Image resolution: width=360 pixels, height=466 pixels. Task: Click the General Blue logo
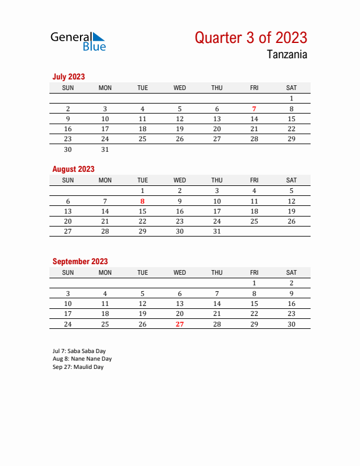[78, 41]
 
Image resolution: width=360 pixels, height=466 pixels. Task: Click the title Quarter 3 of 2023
[251, 38]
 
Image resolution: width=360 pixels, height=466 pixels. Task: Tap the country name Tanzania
[287, 55]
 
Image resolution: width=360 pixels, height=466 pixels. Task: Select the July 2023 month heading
[69, 76]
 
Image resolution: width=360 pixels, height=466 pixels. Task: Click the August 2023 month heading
[74, 169]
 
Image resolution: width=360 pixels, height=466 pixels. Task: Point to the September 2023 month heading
[80, 261]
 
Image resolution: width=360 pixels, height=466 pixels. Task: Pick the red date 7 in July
[254, 109]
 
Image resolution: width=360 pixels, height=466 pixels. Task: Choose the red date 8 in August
[142, 201]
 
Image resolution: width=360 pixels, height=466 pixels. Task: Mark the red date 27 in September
[179, 324]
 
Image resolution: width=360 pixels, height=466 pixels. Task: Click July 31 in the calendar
[105, 149]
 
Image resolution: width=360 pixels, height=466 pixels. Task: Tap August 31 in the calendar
[217, 232]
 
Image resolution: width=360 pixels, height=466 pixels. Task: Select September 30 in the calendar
[291, 324]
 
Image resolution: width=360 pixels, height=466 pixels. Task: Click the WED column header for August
[179, 180]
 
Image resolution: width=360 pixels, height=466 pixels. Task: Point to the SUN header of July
[68, 88]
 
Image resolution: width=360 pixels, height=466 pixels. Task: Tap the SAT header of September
[291, 272]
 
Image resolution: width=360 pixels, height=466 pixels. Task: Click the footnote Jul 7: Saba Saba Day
[79, 351]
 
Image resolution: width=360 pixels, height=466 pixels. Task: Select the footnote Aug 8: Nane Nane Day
[82, 359]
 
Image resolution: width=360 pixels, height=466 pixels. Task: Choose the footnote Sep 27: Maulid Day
[78, 367]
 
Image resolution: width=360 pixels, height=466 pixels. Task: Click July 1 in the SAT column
[291, 99]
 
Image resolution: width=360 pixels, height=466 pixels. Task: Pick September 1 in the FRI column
[254, 283]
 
